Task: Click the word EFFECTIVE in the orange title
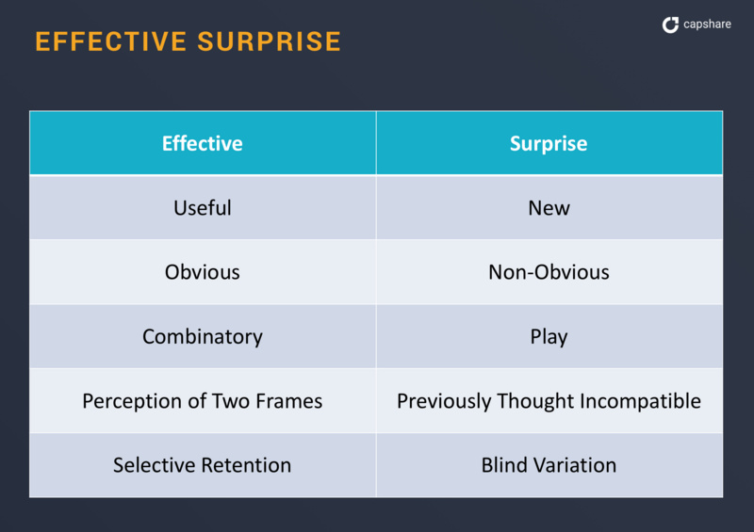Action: click(110, 41)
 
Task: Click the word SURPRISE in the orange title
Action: click(270, 41)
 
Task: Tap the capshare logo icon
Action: click(670, 24)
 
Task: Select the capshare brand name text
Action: click(707, 24)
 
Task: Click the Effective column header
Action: click(203, 143)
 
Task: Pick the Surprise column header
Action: click(549, 143)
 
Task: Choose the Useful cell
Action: click(203, 207)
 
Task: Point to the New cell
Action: click(549, 207)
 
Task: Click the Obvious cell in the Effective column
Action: click(203, 272)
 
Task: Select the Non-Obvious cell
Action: click(549, 272)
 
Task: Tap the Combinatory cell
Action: click(203, 336)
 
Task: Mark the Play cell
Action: click(549, 336)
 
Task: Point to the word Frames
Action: click(289, 401)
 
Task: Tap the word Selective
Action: click(155, 465)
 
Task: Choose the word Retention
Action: click(246, 465)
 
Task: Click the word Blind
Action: click(504, 465)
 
